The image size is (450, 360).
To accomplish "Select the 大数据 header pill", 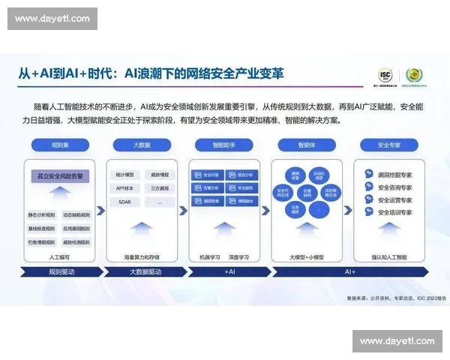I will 142,144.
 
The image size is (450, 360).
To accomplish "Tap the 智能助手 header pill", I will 223,144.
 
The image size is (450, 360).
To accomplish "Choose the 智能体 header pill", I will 305,144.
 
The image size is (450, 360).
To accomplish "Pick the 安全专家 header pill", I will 388,144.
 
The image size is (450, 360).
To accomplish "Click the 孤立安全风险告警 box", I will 59,176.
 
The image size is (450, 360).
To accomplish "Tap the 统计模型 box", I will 125,175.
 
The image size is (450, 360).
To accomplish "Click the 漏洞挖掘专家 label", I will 394,173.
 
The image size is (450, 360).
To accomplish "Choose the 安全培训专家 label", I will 394,213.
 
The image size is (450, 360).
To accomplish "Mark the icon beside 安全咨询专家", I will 369,187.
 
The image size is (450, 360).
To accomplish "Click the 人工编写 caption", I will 59,257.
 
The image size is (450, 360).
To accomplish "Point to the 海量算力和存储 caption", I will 142,257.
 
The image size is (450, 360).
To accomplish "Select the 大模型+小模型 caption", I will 305,257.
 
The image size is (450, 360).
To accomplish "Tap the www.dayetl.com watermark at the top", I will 53,18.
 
